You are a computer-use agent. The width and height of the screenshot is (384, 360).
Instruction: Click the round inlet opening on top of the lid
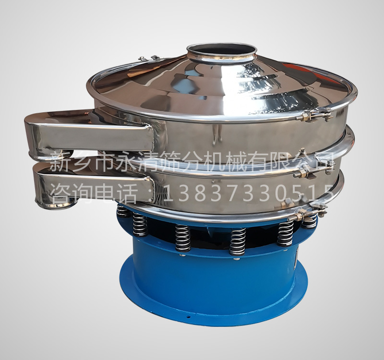tap(221, 51)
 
